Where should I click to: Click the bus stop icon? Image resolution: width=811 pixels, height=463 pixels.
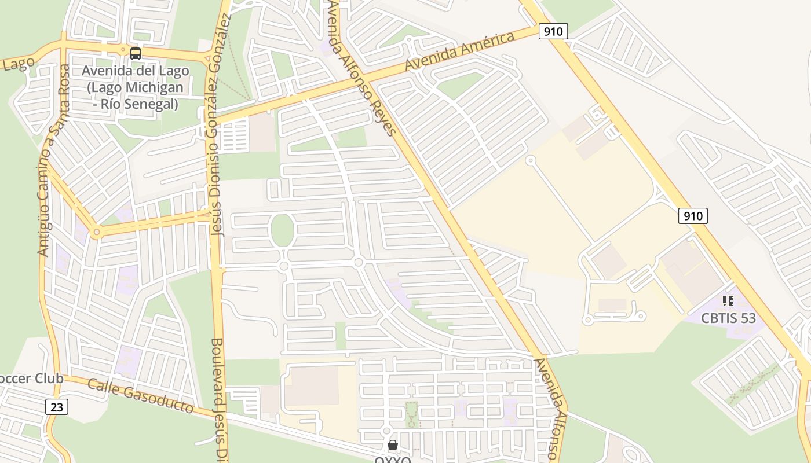[136, 54]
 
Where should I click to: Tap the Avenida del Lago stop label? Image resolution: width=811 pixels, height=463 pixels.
[136, 87]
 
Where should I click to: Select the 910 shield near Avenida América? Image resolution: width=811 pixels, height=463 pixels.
[553, 31]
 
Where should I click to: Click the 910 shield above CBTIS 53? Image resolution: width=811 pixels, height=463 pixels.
[693, 216]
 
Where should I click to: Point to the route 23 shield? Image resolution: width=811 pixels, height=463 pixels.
[57, 407]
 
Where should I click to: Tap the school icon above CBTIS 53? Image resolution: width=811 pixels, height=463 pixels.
[728, 300]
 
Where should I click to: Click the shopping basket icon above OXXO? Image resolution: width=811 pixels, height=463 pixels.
[393, 445]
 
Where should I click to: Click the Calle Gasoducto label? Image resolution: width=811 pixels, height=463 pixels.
[141, 396]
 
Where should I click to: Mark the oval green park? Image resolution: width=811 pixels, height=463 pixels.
[283, 230]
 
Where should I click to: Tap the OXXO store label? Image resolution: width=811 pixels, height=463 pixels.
[393, 460]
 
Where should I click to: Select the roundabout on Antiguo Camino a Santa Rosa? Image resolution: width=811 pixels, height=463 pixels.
[97, 233]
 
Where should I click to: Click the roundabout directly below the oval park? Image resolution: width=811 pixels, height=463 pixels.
[284, 266]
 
